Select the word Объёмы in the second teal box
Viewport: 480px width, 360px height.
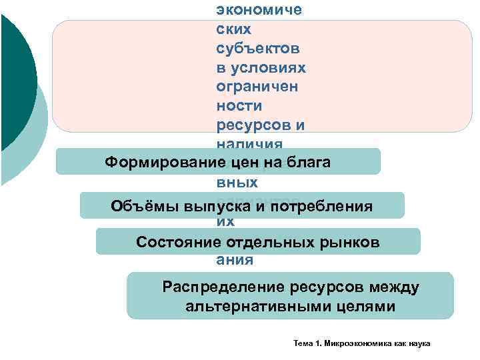[x=137, y=205]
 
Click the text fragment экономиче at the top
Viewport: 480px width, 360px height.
[x=259, y=10]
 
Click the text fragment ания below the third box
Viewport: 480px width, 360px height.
[x=235, y=260]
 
